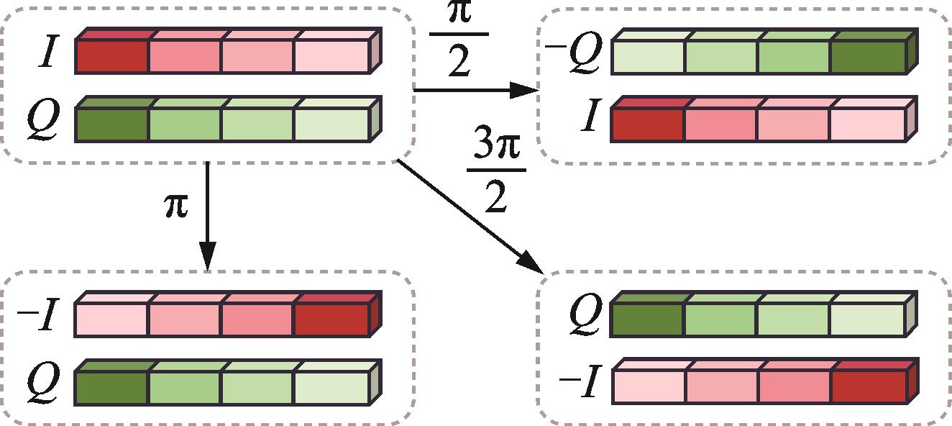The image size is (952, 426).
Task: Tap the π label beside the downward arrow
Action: tap(177, 206)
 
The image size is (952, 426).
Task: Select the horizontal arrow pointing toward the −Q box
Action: tap(475, 90)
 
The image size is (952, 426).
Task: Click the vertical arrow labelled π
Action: tap(207, 216)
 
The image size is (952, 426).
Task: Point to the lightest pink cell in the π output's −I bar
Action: tap(111, 319)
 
